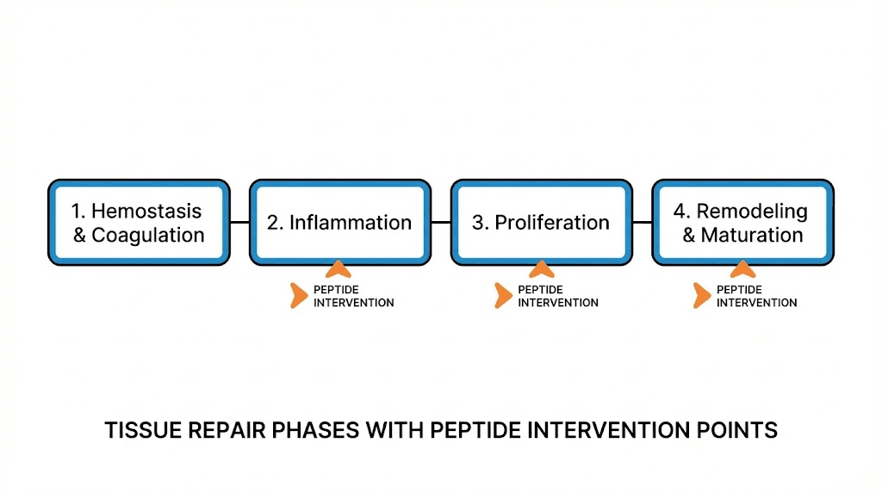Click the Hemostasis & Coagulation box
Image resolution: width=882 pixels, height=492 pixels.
click(x=139, y=223)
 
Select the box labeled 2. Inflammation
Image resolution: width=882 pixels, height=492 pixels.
click(x=339, y=223)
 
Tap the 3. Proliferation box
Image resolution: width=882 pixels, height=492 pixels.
click(x=541, y=223)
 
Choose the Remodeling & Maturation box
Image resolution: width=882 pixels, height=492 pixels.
click(x=742, y=223)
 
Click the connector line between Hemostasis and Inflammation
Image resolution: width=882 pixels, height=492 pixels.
click(x=239, y=223)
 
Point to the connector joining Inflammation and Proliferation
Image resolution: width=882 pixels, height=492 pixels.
click(x=441, y=223)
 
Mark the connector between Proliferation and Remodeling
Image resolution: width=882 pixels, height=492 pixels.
click(x=642, y=223)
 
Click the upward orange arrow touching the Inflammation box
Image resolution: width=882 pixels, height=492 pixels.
click(x=339, y=269)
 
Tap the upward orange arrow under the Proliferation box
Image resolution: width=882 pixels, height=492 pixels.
click(x=541, y=269)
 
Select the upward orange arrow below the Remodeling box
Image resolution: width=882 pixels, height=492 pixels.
click(x=742, y=269)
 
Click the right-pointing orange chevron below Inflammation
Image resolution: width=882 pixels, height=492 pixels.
click(x=299, y=295)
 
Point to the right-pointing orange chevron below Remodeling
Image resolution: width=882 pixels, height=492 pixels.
click(x=702, y=295)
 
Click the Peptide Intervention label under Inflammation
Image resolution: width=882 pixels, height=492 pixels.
click(x=353, y=296)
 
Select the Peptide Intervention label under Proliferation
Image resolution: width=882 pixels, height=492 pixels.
click(x=557, y=296)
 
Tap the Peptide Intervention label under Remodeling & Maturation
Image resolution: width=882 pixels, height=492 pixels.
click(x=756, y=296)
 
